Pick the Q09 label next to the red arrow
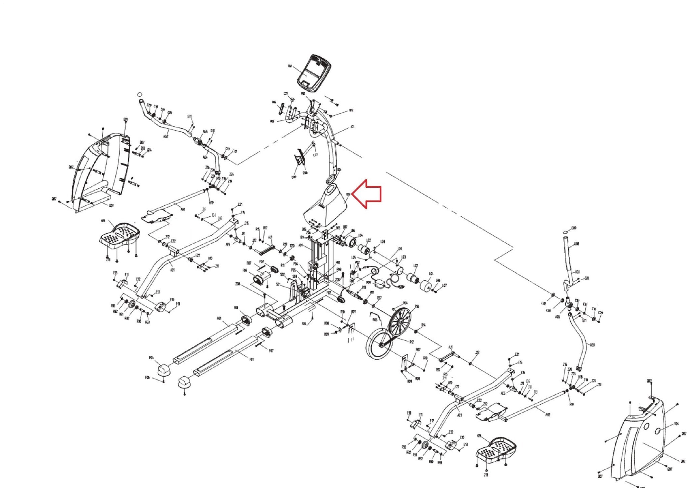click(348, 194)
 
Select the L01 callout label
click(400, 249)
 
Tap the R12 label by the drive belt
click(411, 342)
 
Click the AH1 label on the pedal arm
click(183, 209)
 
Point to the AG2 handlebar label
click(166, 136)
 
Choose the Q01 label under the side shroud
click(111, 206)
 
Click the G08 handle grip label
click(577, 244)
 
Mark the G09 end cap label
click(574, 228)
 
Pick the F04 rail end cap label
click(151, 358)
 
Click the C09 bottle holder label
click(294, 177)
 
